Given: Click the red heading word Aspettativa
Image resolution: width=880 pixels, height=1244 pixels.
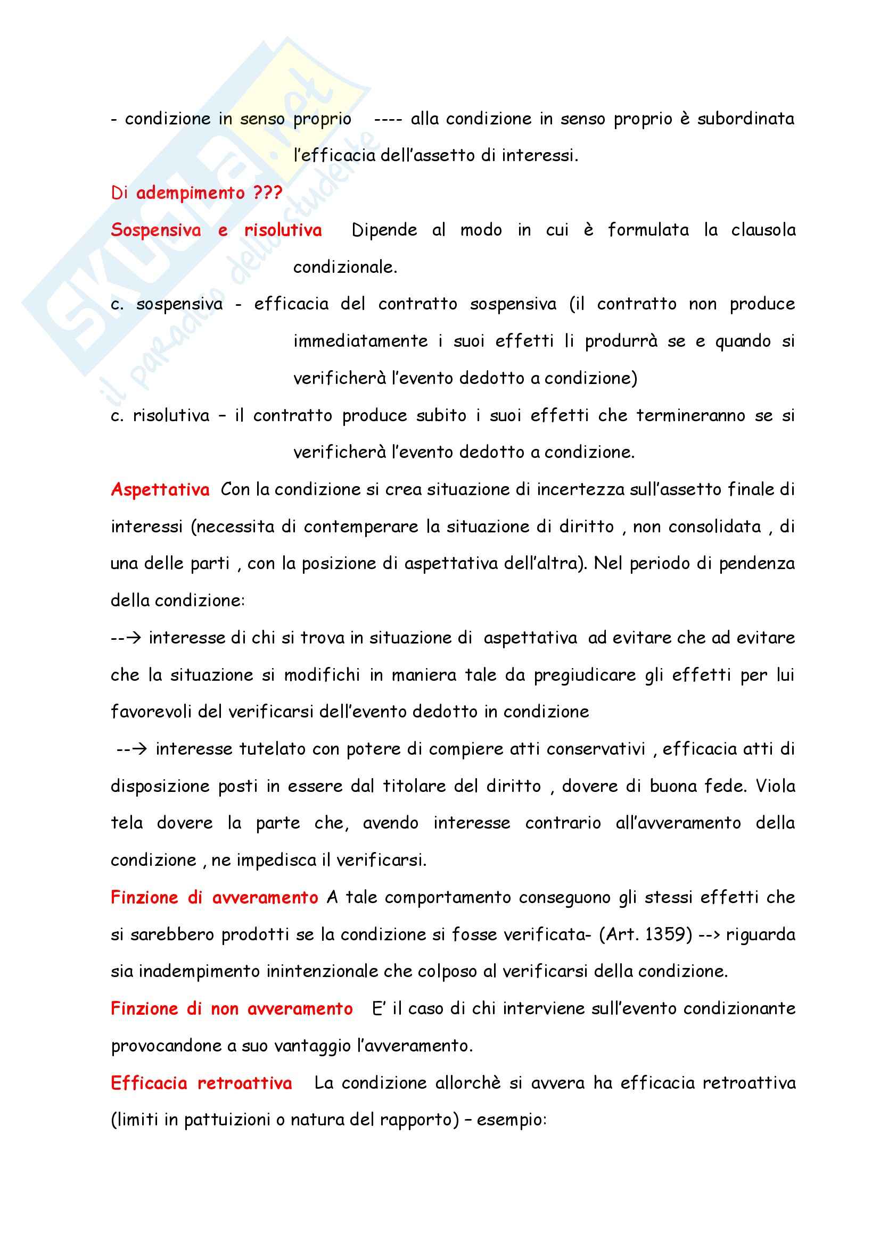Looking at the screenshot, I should pyautogui.click(x=160, y=490).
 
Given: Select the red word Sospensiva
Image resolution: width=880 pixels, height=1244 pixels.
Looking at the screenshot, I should pyautogui.click(x=155, y=230).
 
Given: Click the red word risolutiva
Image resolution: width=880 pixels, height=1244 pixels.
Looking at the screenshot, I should pyautogui.click(x=283, y=230).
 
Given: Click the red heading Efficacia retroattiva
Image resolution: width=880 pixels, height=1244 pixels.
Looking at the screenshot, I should pyautogui.click(x=201, y=1083).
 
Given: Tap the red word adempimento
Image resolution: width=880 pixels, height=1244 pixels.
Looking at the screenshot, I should pyautogui.click(x=190, y=193).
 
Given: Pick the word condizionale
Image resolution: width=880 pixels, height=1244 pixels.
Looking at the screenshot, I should pyautogui.click(x=346, y=267).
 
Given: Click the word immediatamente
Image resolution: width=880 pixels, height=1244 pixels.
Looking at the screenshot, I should pyautogui.click(x=360, y=341).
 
